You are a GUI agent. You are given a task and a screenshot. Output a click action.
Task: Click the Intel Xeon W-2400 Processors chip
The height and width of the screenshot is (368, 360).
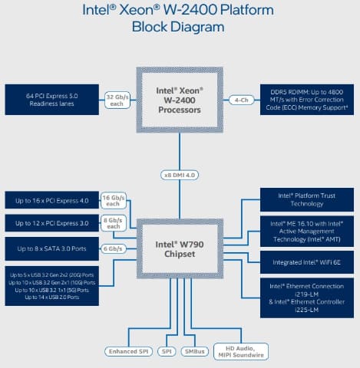coord(180,100)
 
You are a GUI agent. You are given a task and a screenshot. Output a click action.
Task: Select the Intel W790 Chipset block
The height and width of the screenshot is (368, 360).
coord(180,249)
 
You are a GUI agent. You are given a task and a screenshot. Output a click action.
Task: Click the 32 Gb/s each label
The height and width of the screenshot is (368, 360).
coord(116,100)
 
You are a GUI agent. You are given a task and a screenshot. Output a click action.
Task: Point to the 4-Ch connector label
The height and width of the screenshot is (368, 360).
coord(241,100)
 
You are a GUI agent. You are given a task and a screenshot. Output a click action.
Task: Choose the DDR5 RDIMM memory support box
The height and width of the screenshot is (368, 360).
coord(307,100)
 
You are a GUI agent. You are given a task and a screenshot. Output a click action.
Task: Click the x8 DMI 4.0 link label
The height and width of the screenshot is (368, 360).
coord(180,174)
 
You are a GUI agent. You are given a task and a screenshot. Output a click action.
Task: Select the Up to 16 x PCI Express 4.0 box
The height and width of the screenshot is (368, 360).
coord(52,201)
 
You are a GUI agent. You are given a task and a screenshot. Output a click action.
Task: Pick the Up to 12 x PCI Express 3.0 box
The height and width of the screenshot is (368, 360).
coord(52,223)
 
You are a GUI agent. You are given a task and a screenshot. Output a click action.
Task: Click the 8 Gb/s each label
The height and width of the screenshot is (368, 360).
coord(114,223)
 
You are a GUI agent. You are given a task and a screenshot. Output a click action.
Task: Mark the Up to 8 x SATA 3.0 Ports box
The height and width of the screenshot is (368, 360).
coord(52,248)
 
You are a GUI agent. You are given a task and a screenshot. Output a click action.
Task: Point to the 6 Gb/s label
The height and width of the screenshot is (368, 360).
coord(114,248)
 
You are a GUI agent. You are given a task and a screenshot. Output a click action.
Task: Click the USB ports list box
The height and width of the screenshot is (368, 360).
coord(52,285)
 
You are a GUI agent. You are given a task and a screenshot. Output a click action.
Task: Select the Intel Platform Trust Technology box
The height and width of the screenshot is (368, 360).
coord(307,199)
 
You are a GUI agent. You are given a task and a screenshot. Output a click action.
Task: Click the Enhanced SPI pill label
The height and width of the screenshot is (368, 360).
coord(127,351)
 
